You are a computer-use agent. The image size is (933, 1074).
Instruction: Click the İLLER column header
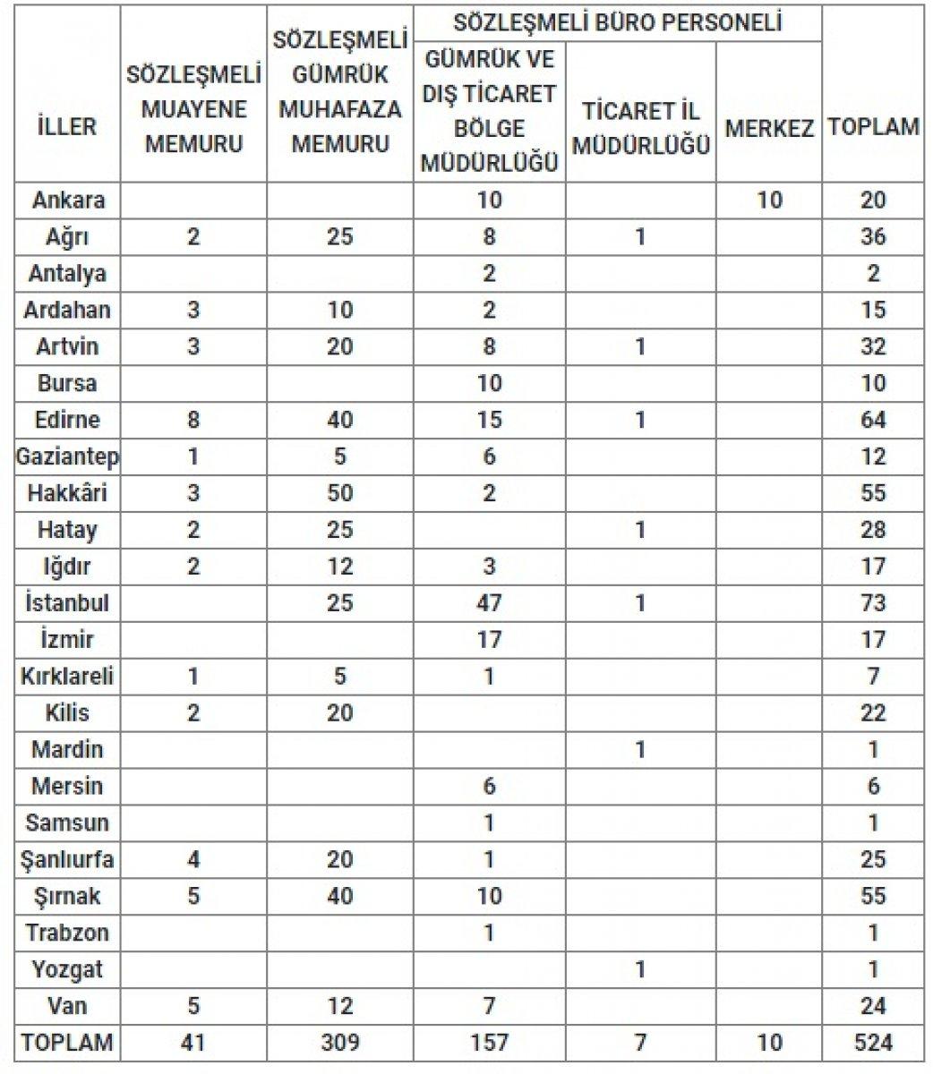[67, 126]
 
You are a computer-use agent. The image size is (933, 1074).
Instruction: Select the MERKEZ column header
[769, 127]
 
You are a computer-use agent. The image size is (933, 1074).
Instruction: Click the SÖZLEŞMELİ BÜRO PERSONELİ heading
[618, 21]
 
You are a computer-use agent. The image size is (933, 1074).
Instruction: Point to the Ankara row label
[68, 200]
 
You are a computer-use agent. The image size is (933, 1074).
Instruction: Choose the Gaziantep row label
[68, 456]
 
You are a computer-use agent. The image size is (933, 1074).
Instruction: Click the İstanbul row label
[68, 603]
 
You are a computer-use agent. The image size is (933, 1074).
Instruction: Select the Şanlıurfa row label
[68, 860]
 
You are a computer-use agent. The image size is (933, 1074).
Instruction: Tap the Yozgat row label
[68, 969]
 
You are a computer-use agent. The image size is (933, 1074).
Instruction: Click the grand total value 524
[873, 1043]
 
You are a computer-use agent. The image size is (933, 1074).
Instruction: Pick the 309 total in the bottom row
[340, 1043]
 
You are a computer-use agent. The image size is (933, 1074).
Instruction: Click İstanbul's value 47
[489, 603]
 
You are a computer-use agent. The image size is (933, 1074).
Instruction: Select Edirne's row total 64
[873, 420]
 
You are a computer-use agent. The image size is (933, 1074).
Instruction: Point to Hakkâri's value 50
[340, 493]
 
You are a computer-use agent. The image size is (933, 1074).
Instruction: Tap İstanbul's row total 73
[873, 603]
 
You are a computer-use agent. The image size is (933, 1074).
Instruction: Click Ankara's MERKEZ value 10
[769, 200]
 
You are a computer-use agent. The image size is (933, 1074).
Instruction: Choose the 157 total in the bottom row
[489, 1043]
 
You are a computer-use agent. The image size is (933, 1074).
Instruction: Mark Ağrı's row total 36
[873, 236]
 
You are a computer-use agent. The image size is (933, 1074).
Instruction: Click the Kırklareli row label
[68, 677]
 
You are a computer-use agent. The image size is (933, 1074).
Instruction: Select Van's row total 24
[873, 1006]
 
